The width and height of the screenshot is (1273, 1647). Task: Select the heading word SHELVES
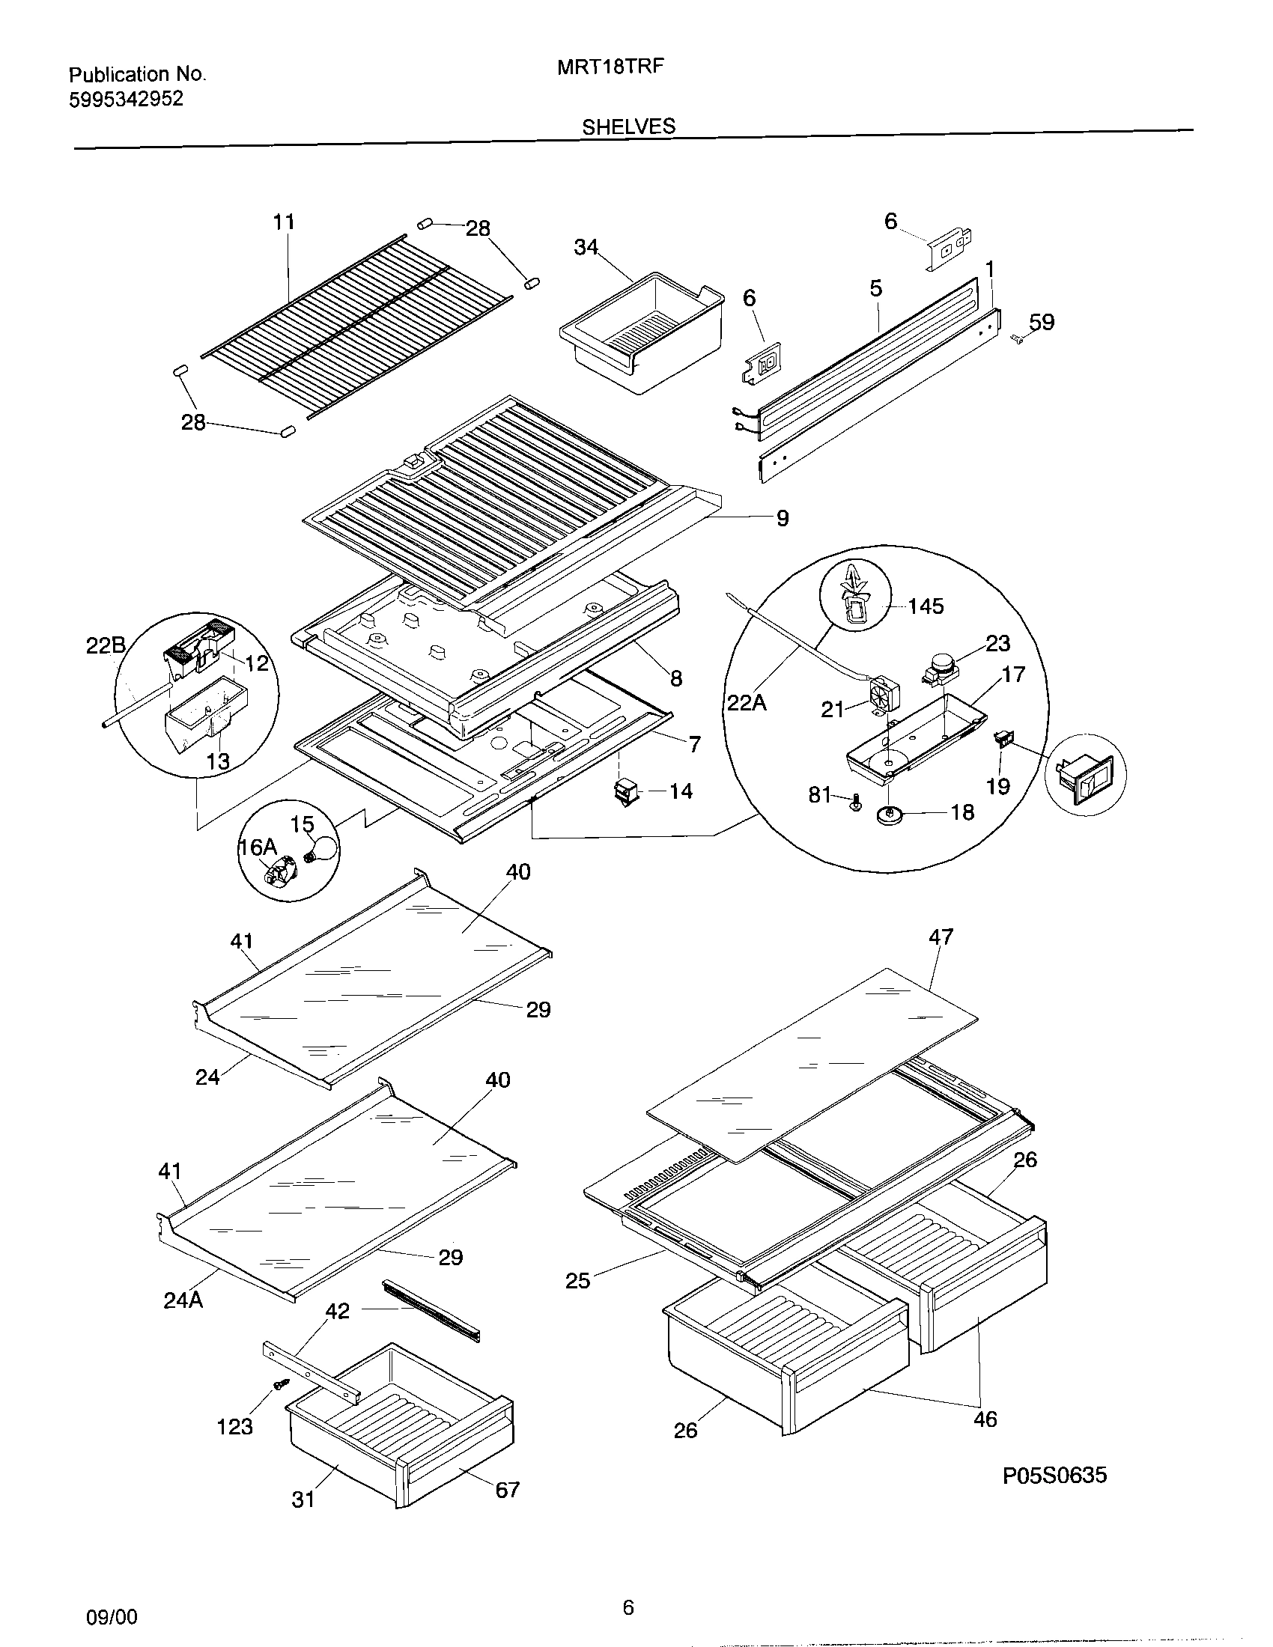[628, 127]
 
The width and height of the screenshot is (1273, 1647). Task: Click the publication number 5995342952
[126, 99]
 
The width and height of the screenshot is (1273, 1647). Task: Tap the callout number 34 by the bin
[586, 247]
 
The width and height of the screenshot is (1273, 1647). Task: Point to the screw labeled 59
[1016, 340]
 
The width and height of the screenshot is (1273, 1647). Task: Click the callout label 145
[926, 606]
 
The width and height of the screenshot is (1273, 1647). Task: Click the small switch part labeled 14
[625, 793]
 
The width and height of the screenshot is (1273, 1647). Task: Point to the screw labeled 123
[282, 1383]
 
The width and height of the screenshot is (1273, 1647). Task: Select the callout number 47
[941, 937]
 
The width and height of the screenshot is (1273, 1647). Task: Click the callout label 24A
[183, 1300]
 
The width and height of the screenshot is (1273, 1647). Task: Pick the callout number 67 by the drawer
[507, 1489]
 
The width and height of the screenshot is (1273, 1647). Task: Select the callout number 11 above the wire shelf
[284, 222]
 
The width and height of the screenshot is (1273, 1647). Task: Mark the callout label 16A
[258, 847]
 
